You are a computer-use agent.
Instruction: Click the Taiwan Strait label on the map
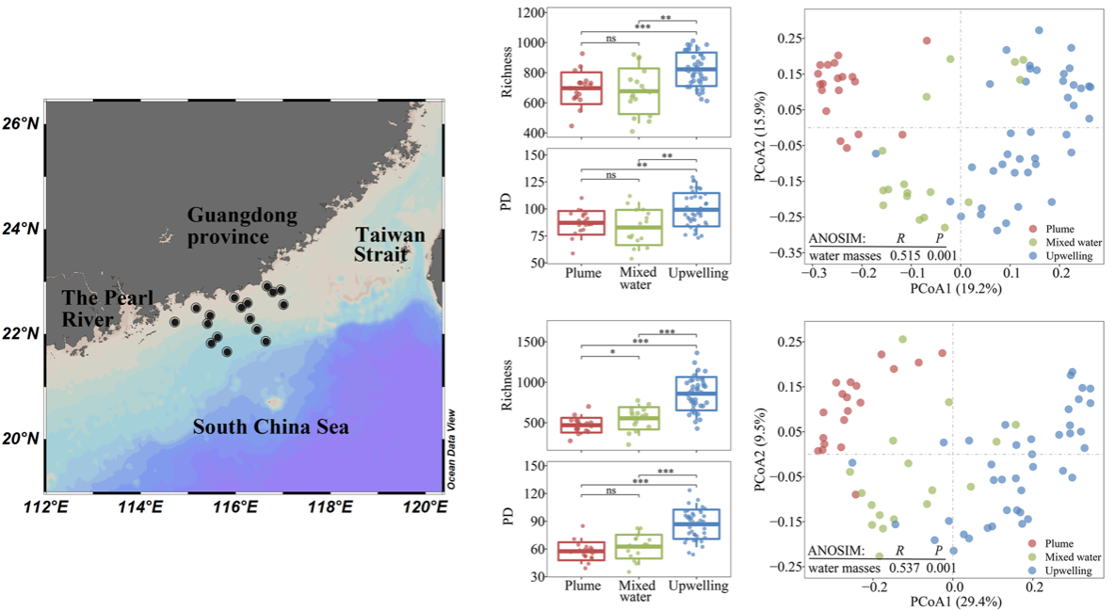[389, 244]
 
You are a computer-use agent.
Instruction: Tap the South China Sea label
[270, 427]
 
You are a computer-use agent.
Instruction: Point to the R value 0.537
[902, 568]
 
